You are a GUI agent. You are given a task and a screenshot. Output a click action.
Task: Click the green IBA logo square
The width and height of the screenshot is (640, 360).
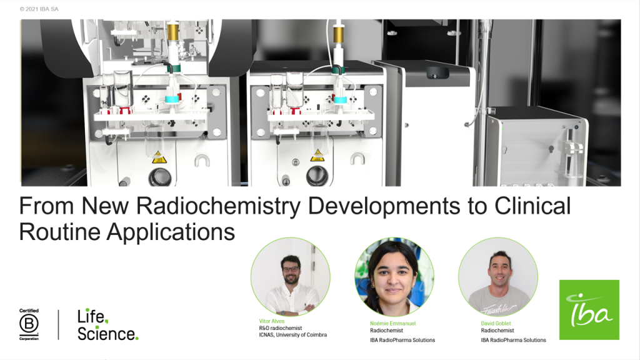pos(589,310)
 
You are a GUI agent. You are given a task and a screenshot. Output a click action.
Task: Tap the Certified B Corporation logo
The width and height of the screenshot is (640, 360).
pos(29,324)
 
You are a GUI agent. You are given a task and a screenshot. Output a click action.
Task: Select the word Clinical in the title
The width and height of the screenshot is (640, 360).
pos(532,206)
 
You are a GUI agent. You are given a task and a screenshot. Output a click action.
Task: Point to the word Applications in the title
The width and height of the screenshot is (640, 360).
pos(171,232)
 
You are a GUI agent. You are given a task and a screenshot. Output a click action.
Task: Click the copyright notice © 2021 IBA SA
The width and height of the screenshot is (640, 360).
pos(39,9)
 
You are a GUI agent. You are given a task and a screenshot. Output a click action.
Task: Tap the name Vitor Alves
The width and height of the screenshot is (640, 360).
pos(272,321)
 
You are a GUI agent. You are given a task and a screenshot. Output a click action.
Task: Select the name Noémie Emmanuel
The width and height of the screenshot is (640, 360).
pos(392,323)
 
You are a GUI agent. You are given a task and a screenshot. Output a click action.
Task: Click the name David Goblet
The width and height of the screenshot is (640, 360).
pos(496,323)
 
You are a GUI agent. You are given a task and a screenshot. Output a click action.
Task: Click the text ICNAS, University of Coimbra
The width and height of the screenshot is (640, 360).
pos(292,335)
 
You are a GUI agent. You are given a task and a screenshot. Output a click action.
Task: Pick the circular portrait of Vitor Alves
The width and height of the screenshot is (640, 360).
pos(290,277)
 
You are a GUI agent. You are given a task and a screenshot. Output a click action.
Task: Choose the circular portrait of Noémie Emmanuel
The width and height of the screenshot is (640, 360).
pos(394,277)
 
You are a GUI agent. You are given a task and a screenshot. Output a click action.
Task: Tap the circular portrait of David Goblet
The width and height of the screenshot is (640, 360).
pos(498,277)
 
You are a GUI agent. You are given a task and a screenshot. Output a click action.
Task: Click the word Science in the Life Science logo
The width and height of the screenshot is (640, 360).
pos(106,334)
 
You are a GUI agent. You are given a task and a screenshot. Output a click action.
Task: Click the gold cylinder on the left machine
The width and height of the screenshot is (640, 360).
pos(173,32)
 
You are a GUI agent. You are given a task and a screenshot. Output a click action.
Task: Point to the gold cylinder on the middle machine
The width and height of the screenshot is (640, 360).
pos(338,34)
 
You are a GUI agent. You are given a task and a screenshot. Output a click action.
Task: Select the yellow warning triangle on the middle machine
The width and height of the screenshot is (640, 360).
pos(317,156)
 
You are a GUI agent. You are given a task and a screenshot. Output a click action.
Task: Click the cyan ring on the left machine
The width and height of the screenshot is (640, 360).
pos(172,99)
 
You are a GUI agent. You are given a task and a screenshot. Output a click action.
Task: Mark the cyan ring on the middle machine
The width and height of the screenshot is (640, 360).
pos(340,99)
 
